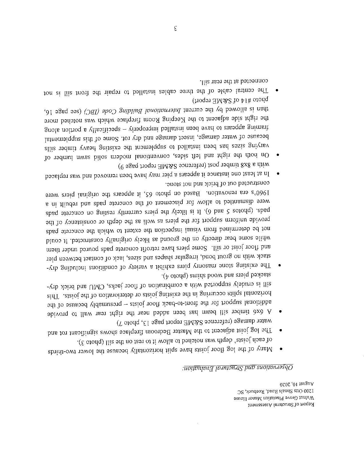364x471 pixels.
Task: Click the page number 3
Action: coord(176,29)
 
